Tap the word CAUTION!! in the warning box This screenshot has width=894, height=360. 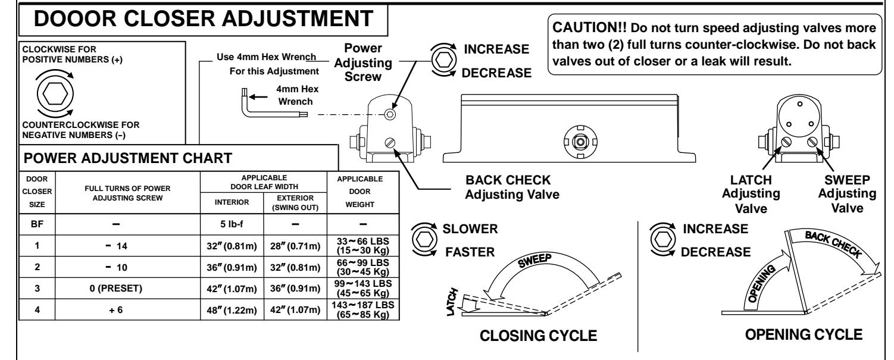pos(589,27)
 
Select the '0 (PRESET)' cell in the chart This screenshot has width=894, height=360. pos(115,288)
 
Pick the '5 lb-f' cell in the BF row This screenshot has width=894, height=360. pos(232,224)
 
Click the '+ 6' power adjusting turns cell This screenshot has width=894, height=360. pos(115,309)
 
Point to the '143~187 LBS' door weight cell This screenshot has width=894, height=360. pos(363,309)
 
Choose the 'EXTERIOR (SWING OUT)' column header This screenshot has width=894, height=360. pos(295,203)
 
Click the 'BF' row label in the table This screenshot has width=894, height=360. pos(37,224)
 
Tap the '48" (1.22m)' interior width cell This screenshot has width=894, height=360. pos(232,310)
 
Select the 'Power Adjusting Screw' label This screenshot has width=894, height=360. pos(363,62)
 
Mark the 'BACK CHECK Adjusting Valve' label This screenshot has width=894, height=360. pos(512,187)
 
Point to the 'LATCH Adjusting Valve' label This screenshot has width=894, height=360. pos(751,194)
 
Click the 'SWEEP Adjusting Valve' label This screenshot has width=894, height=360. pos(847,193)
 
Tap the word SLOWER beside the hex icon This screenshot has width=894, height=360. pos(470,228)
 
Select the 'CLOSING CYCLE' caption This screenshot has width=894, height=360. pos(538,336)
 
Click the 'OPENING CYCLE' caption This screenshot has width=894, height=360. pos(804,334)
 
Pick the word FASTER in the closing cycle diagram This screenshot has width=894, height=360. pos(470,252)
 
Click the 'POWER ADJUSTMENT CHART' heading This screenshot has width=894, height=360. pos(128,158)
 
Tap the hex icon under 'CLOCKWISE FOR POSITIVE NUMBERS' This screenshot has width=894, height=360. pos(55,94)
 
